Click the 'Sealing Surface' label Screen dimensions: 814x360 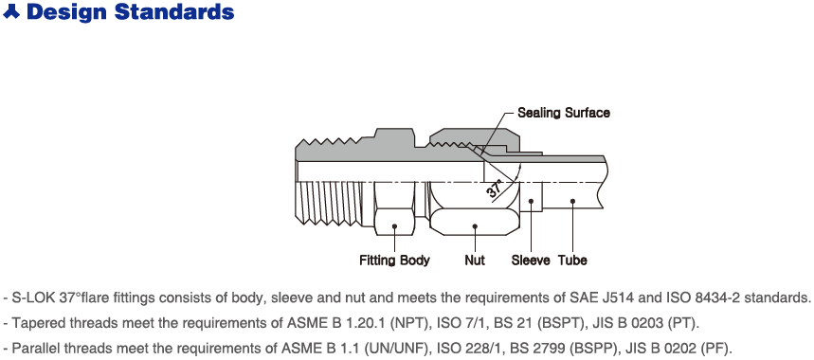563,113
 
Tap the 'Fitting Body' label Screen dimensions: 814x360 394,260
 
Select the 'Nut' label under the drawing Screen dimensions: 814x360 475,260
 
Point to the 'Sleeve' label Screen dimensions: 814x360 531,260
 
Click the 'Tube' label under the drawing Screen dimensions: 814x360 572,260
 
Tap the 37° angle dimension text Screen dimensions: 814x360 496,189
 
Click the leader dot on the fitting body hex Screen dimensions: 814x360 394,226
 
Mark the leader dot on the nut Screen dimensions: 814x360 475,226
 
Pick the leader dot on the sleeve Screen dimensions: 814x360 531,201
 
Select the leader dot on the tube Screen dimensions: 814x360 572,201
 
